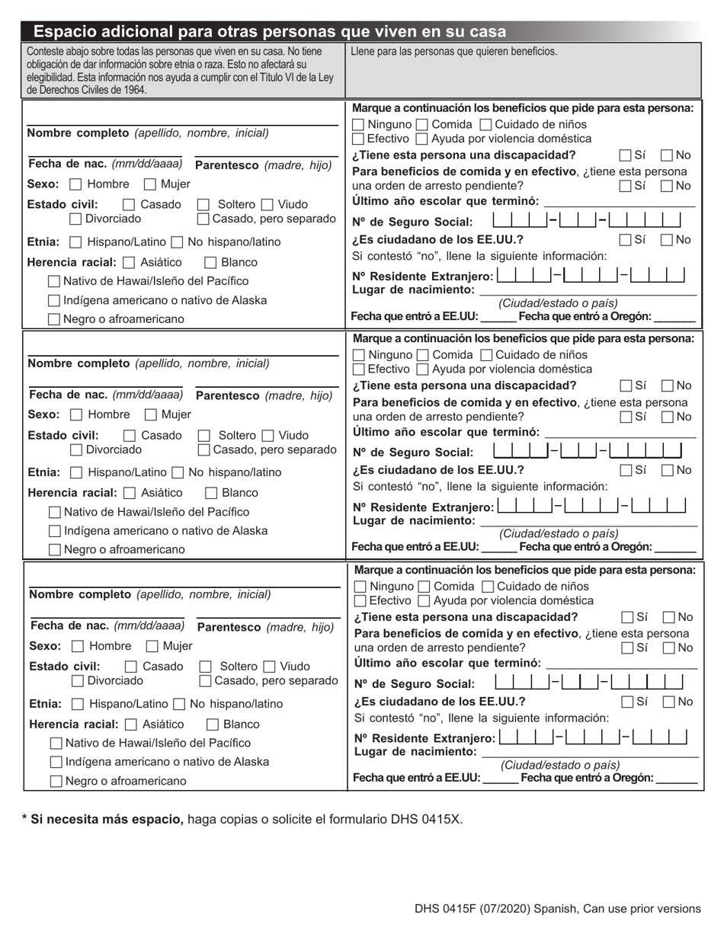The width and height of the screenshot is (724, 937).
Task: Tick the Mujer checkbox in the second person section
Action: [x=151, y=415]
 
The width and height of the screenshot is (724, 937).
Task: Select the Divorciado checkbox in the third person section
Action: [x=78, y=680]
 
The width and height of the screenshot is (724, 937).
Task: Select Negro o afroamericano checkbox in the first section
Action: [x=54, y=320]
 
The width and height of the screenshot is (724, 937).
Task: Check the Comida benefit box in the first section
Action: [x=422, y=125]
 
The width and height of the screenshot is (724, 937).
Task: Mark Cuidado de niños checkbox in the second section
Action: [x=486, y=356]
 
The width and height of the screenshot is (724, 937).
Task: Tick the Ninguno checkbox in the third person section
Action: [x=360, y=587]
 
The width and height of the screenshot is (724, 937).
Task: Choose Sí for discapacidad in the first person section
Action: [x=625, y=155]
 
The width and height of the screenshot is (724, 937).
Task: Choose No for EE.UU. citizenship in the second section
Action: [x=666, y=470]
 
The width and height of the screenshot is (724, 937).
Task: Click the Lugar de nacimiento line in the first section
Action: [x=587, y=292]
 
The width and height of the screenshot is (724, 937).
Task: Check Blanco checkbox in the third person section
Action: [x=213, y=724]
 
